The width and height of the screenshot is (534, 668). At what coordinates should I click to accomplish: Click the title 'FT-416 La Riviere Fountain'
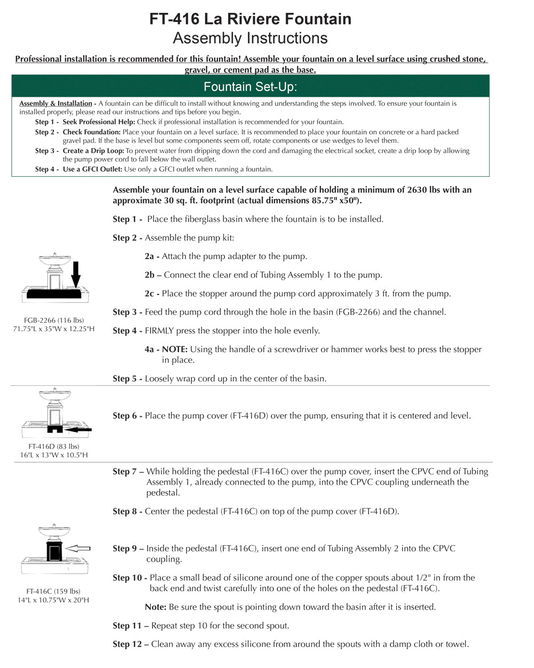pyautogui.click(x=250, y=19)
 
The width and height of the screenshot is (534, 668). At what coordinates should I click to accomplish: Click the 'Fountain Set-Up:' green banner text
pyautogui.click(x=250, y=87)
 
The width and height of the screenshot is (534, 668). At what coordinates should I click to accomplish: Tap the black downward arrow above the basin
pyautogui.click(x=76, y=274)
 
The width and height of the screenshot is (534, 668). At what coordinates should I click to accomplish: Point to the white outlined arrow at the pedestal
pyautogui.click(x=80, y=548)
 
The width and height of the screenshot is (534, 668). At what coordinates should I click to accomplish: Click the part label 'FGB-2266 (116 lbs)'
pyautogui.click(x=54, y=320)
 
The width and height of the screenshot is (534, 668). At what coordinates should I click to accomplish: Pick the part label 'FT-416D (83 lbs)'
pyautogui.click(x=54, y=446)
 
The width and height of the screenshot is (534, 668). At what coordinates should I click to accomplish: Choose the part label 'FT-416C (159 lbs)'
pyautogui.click(x=53, y=591)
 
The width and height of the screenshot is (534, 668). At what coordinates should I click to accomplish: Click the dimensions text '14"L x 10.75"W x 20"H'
pyautogui.click(x=53, y=600)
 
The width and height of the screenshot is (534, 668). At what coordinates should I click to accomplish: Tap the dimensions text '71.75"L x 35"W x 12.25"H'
pyautogui.click(x=54, y=329)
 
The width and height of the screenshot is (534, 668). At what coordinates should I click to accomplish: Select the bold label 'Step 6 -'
pyautogui.click(x=127, y=416)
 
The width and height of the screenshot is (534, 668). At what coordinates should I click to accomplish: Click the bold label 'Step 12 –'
pyautogui.click(x=130, y=644)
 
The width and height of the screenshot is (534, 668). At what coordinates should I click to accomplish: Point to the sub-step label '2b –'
pyautogui.click(x=153, y=275)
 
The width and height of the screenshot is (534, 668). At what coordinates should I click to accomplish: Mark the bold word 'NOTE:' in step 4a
pyautogui.click(x=175, y=349)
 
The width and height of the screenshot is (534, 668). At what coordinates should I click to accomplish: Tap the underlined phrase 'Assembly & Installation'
pyautogui.click(x=56, y=104)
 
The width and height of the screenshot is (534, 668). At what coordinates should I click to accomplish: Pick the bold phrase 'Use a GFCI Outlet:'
pyautogui.click(x=92, y=169)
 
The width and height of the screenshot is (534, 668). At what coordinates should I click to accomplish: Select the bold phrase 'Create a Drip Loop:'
pyautogui.click(x=93, y=151)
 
